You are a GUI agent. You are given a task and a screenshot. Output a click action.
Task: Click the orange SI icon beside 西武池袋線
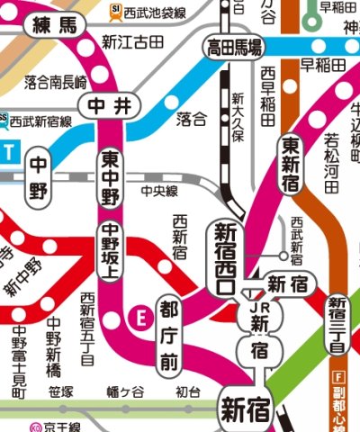coord(116,13)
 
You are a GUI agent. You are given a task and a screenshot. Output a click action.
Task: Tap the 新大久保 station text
coord(238,116)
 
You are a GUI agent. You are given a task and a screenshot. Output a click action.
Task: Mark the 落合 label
coord(191,118)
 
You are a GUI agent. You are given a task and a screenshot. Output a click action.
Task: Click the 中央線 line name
coord(159,191)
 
